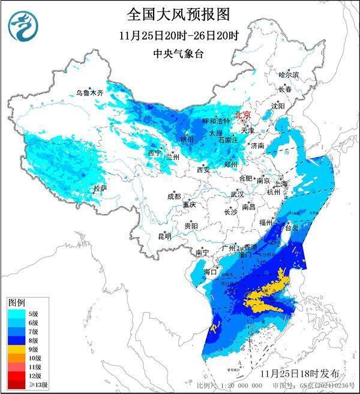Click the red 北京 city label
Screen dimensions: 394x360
tap(243, 115)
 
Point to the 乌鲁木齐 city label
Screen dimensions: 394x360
tap(90, 93)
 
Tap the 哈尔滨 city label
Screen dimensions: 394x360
tap(288, 74)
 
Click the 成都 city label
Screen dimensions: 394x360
tap(174, 196)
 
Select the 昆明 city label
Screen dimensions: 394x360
tap(164, 236)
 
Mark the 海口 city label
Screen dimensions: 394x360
tap(210, 272)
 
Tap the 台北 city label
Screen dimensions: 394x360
tap(291, 228)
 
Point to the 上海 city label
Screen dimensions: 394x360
tap(281, 184)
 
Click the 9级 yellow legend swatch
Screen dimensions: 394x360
tap(17, 349)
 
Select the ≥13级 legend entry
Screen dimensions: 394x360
tap(24, 384)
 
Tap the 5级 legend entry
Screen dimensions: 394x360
tap(24, 313)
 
